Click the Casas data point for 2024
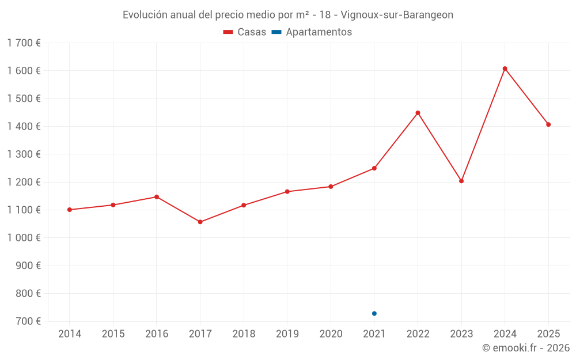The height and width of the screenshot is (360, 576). pos(505,69)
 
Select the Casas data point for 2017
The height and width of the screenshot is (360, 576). pos(200,222)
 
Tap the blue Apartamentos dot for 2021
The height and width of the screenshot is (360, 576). pos(374,313)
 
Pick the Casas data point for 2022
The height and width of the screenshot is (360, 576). pos(418,113)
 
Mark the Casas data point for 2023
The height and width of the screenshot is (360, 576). pos(461,181)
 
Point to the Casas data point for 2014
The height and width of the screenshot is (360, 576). pos(70,210)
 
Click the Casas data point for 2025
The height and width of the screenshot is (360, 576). pos(548,124)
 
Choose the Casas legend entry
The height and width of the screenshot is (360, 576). pos(245,32)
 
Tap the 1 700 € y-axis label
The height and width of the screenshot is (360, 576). pos(24,43)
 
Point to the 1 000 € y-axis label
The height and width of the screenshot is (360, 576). pos(24,238)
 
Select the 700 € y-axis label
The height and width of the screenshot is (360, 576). pos(27,321)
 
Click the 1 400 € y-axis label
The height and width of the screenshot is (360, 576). pos(24,127)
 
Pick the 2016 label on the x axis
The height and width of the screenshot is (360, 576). pos(157,334)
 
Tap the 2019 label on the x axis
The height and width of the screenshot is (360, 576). pos(287,334)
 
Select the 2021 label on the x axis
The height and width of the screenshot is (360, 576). pos(374,334)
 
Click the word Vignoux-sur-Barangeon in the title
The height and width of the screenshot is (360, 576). pos(397,15)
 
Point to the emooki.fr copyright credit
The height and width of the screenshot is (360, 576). pos(526,348)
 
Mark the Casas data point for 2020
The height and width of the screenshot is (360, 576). pos(331,187)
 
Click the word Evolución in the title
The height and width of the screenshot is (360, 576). pos(145,15)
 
